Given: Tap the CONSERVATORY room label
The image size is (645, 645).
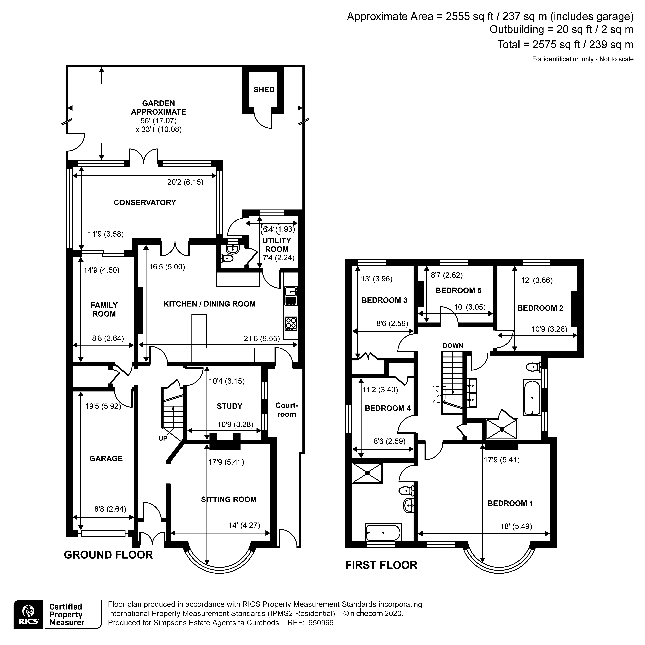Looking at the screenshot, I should pos(145,202).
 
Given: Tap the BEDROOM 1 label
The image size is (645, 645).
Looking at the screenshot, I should pos(510,503).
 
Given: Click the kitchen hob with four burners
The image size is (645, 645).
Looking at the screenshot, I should pos(291,323).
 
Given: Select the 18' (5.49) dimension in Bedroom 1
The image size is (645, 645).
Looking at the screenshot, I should pos(516,526).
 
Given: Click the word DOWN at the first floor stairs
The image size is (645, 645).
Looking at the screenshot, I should pos(453,346).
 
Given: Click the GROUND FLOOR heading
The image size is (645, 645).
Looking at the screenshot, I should pos(108,555).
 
